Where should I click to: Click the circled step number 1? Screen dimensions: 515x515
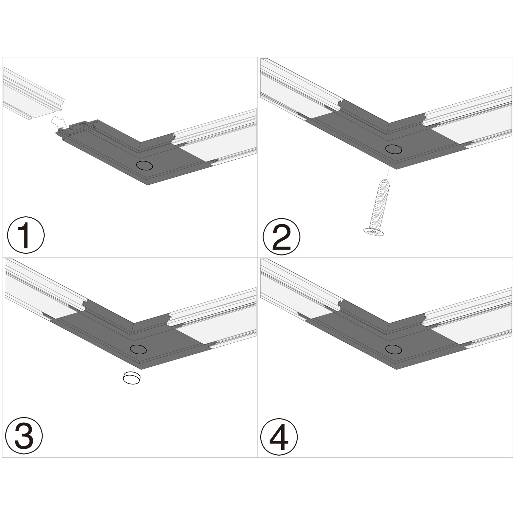click(x=26, y=235)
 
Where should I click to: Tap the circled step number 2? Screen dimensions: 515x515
click(x=281, y=236)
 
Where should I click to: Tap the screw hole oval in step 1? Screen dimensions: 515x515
click(x=145, y=165)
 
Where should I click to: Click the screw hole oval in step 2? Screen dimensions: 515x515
click(x=393, y=149)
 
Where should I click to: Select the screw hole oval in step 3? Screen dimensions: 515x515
click(x=138, y=349)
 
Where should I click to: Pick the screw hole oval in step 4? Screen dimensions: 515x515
click(x=393, y=350)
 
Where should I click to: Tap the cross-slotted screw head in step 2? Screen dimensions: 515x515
click(x=374, y=232)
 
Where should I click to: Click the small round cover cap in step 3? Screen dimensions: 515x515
click(x=132, y=378)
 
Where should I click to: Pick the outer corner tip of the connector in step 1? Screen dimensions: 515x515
click(x=148, y=185)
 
